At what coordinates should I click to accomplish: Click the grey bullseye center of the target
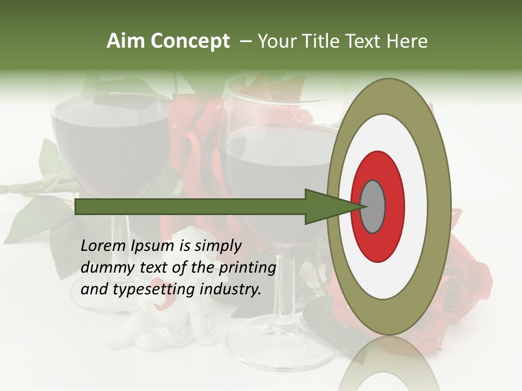tap(372, 206)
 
